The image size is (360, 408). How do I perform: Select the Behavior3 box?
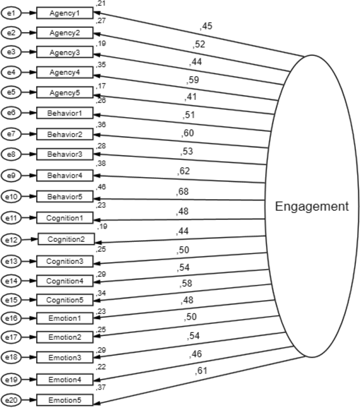65,155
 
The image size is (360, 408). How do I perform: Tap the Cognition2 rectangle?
67,239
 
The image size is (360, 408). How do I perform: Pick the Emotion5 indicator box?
65,400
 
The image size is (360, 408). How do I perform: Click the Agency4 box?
65,72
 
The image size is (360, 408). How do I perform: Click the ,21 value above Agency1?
100,4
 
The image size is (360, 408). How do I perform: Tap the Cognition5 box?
65,301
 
